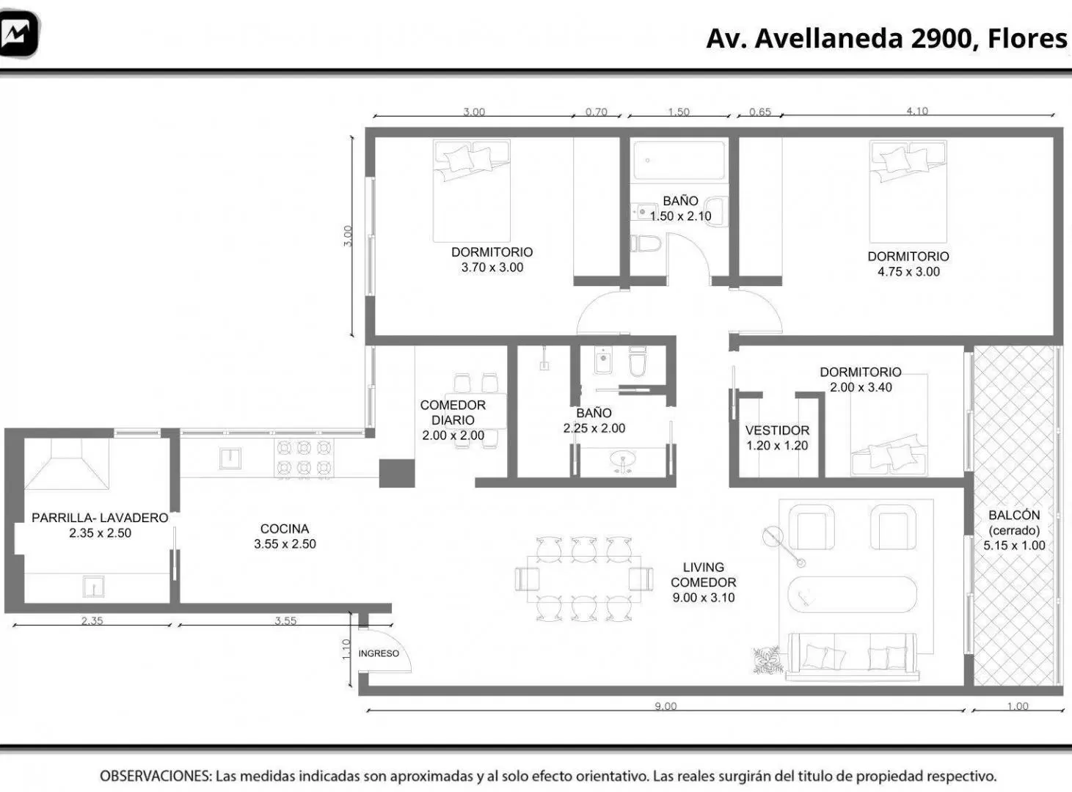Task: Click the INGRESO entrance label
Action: tap(379, 653)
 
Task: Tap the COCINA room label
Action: tap(285, 529)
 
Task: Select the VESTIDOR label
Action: tap(777, 430)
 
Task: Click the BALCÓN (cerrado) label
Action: tap(1014, 522)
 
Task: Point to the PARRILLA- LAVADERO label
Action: tap(100, 518)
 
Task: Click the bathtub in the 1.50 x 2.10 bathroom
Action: tap(679, 160)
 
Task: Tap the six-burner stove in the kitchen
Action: tap(304, 458)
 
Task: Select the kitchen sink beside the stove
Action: tap(230, 458)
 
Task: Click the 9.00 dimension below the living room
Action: tap(666, 706)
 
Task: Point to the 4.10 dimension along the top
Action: tap(917, 111)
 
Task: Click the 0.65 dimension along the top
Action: tap(759, 111)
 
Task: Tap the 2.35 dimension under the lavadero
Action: tap(92, 620)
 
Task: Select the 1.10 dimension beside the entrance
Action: tap(346, 649)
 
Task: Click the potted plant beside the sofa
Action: tap(767, 660)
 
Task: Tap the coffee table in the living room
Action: tap(852, 594)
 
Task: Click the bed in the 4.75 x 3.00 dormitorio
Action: tap(908, 191)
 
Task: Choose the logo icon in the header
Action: tap(18, 34)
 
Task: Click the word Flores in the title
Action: tap(1027, 38)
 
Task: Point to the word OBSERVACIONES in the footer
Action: tap(156, 776)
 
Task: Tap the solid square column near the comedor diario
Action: tap(397, 473)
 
